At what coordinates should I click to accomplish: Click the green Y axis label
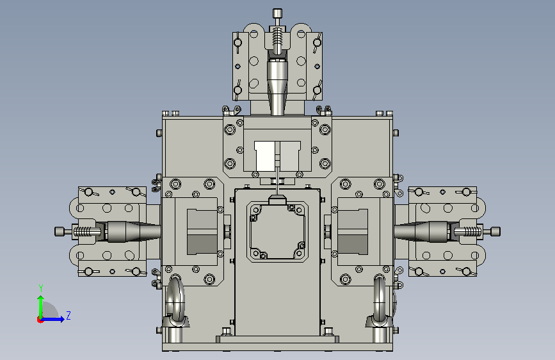[x=41, y=288]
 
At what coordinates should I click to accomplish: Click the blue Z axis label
[x=68, y=315]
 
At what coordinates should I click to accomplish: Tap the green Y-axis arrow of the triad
[x=41, y=307]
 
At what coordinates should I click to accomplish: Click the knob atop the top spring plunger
[x=278, y=13]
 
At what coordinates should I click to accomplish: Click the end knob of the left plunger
[x=59, y=231]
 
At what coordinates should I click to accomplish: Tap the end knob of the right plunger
[x=495, y=232]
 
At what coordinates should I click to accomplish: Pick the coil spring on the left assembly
[x=83, y=232]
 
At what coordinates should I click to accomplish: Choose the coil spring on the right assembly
[x=472, y=232]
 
